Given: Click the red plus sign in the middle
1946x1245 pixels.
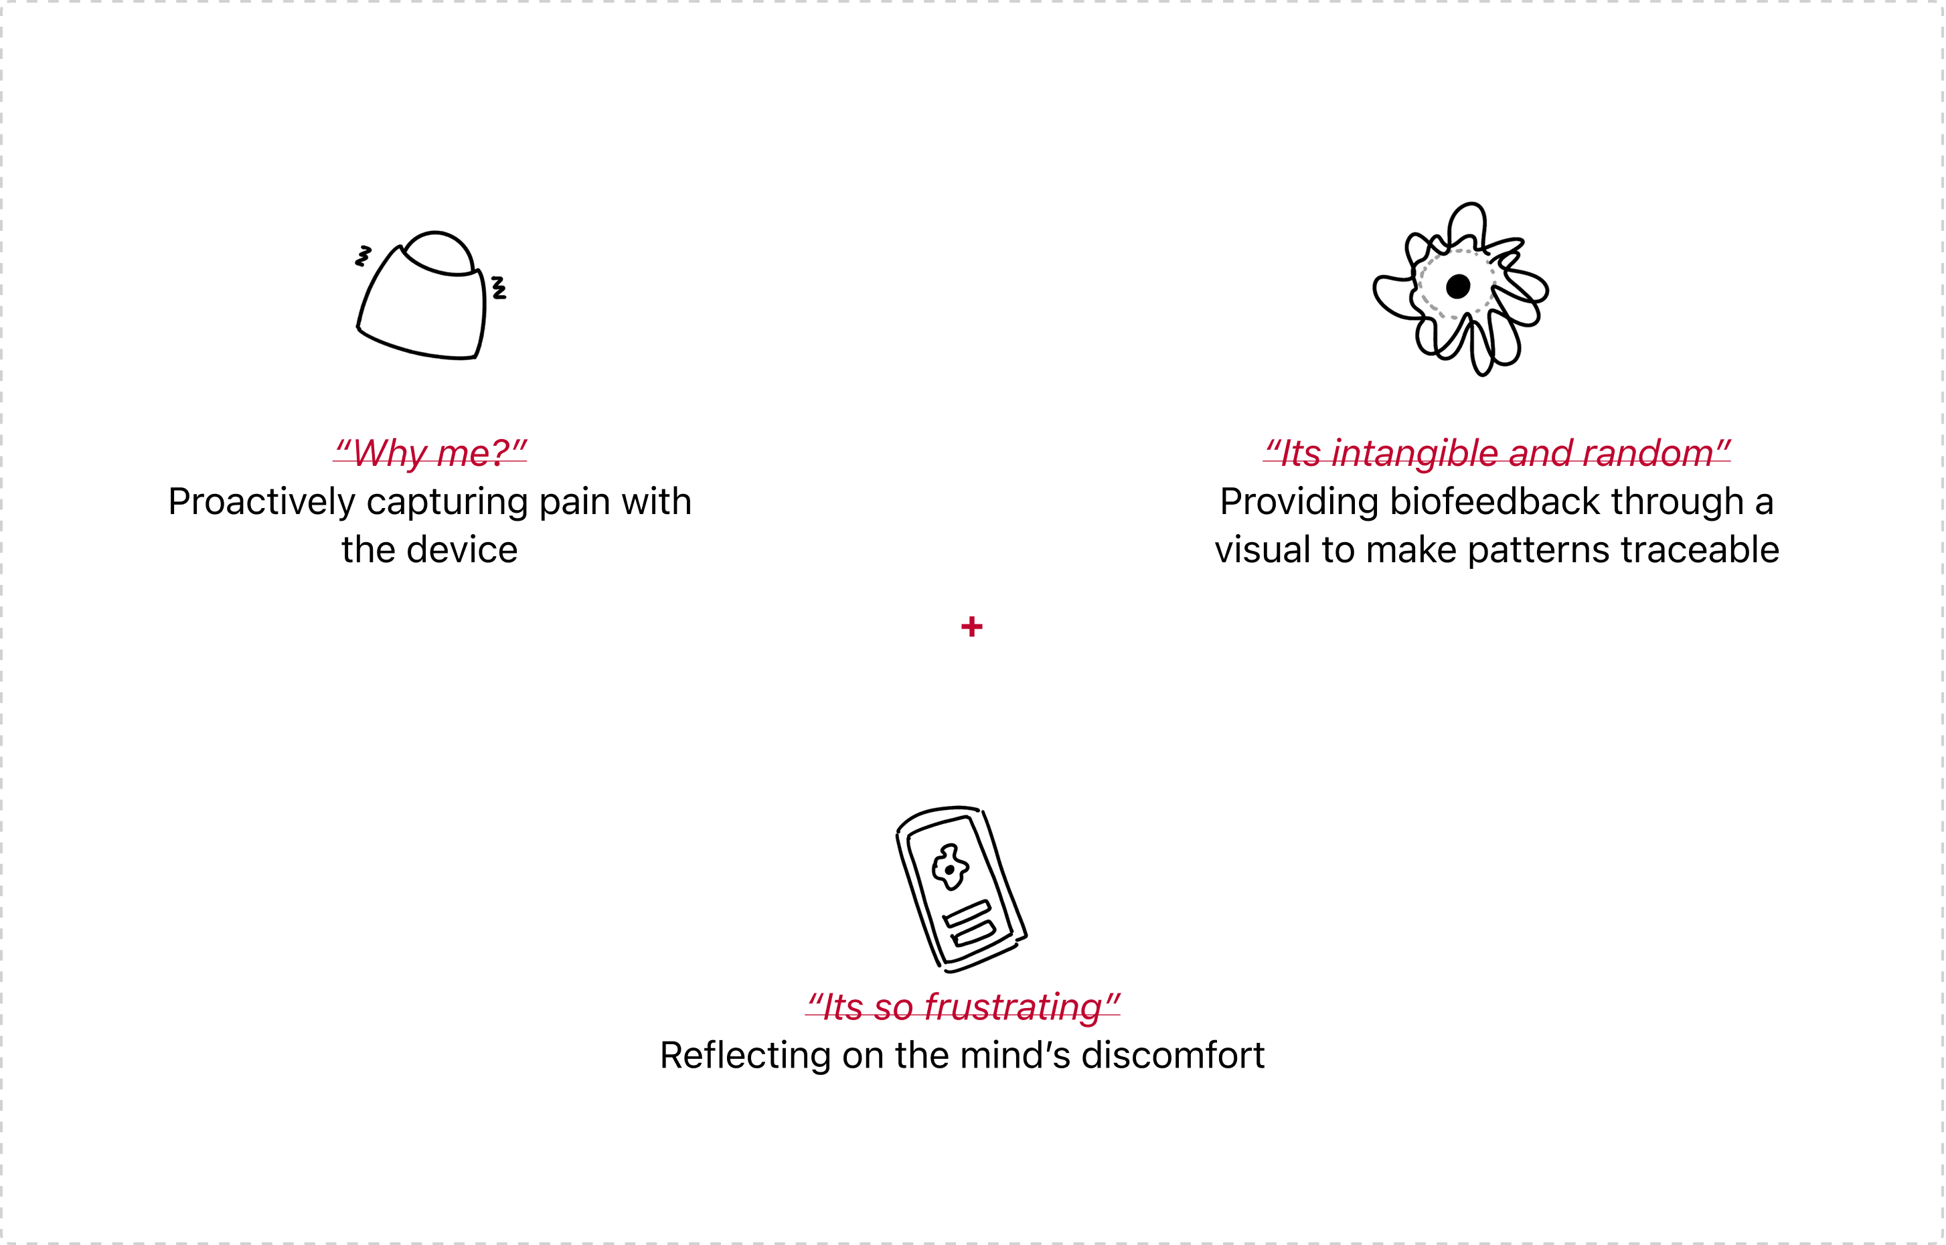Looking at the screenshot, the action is coord(972,627).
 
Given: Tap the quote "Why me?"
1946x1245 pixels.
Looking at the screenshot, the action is coord(430,452).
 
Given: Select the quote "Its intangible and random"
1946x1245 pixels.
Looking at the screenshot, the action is coord(1497,452).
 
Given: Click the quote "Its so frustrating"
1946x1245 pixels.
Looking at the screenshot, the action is coord(963,1007).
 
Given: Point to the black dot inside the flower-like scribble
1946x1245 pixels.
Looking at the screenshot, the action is coord(1458,286).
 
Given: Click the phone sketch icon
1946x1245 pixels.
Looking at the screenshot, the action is coord(961,890).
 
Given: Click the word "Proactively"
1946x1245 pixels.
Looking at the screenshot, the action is coord(261,502).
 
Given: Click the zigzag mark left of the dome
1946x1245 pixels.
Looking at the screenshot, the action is coord(363,256).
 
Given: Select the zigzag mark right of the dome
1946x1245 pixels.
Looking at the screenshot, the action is coord(499,287).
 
